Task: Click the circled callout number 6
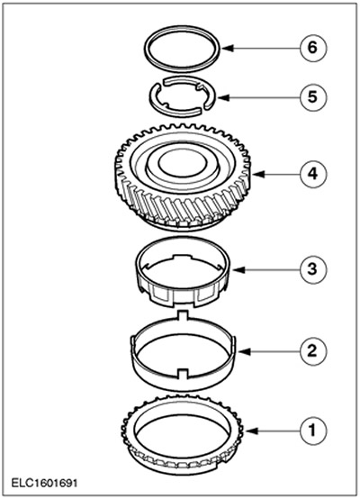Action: pos(312,48)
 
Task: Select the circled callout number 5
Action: pos(312,96)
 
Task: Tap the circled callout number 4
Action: pos(312,175)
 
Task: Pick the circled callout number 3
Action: pos(312,269)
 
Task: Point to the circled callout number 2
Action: pos(312,351)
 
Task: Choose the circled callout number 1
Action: pos(312,431)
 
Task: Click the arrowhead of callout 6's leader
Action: pos(228,49)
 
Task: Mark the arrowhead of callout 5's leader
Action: pos(223,97)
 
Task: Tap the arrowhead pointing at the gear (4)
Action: pos(258,175)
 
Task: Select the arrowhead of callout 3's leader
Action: pos(238,269)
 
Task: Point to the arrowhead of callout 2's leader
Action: pos(245,351)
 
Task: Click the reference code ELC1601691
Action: pos(44,483)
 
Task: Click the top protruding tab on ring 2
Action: pos(182,315)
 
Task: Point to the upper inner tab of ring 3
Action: pos(182,257)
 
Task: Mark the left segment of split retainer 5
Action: pos(155,95)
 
